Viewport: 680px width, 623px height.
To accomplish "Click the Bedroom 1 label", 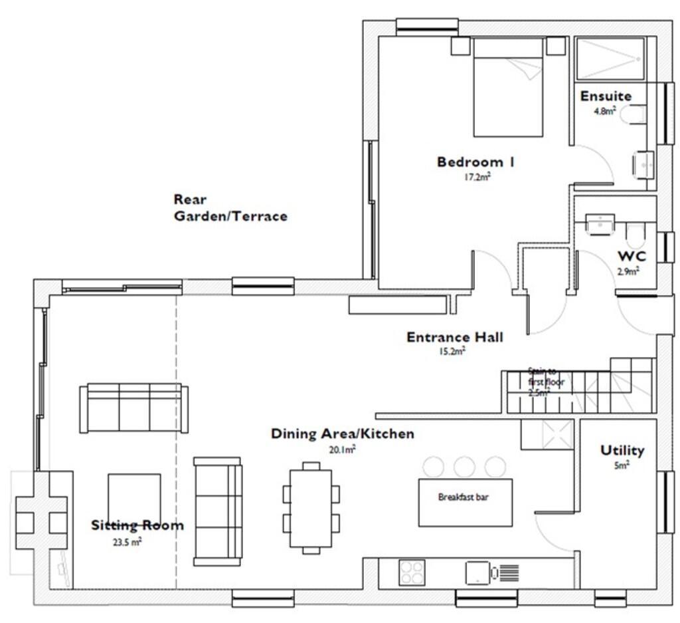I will [475, 162].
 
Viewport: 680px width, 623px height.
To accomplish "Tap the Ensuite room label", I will [606, 96].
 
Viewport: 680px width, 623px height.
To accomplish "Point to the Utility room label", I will [622, 451].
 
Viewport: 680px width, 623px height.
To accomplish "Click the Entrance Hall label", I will [454, 337].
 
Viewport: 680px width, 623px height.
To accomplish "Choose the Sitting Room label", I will [137, 525].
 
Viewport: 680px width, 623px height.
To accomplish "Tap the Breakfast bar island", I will [465, 502].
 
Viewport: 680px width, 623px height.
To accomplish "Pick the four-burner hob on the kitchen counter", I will [412, 572].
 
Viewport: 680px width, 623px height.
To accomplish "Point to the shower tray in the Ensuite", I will [610, 59].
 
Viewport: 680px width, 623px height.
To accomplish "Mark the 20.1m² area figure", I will [343, 449].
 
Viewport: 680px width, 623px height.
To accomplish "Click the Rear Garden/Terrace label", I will [230, 207].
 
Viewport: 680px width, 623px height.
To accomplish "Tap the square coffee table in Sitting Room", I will [134, 496].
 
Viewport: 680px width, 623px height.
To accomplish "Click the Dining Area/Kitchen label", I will [342, 434].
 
